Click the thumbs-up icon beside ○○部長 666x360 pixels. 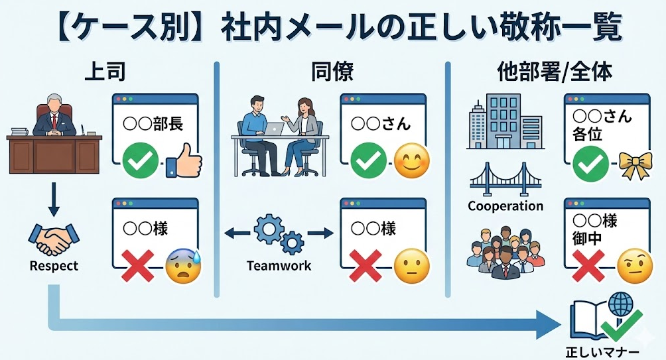pyautogui.click(x=182, y=161)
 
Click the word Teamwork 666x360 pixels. pyautogui.click(x=279, y=267)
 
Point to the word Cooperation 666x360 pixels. pyautogui.click(x=505, y=206)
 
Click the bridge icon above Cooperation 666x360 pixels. pyautogui.click(x=505, y=178)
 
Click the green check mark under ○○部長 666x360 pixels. pyautogui.click(x=141, y=161)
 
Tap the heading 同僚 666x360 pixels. pyautogui.click(x=332, y=72)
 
